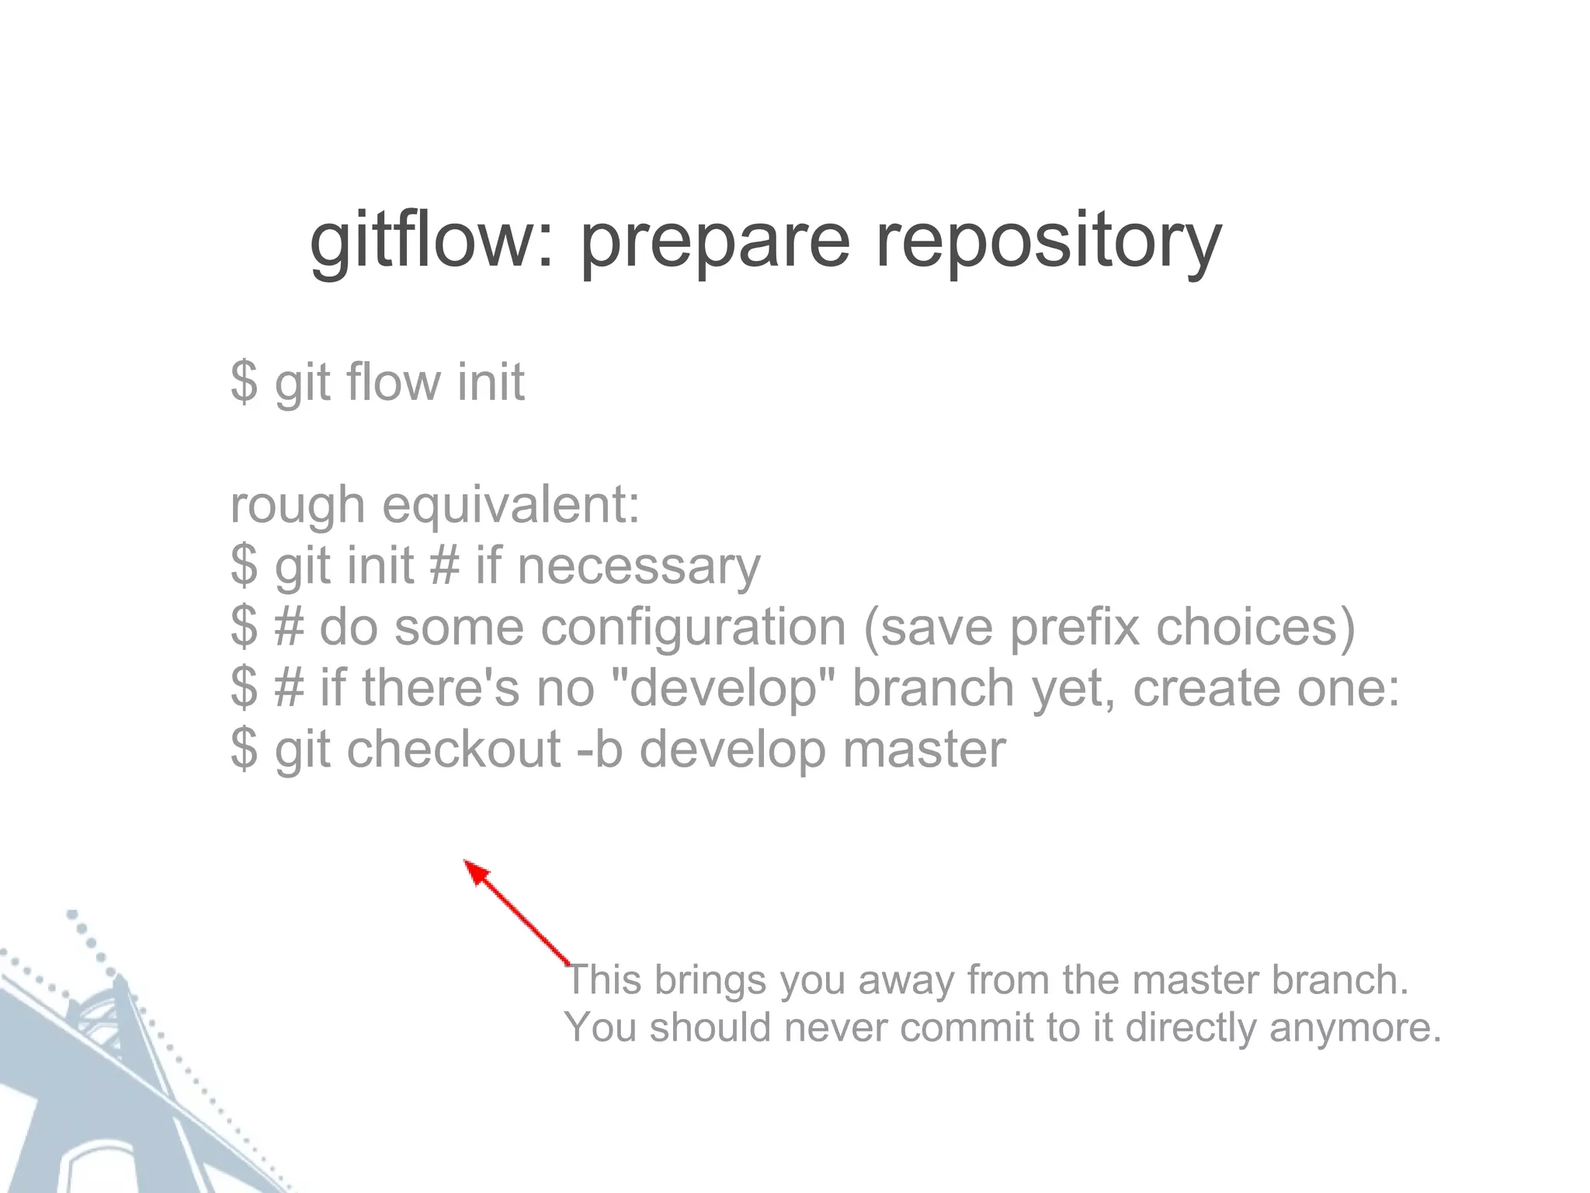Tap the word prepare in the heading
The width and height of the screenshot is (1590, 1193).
[715, 242]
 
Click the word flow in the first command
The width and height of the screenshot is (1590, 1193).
[394, 381]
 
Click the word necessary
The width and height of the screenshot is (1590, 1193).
[638, 566]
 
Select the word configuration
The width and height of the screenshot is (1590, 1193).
[693, 627]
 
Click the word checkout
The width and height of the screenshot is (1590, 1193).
[453, 749]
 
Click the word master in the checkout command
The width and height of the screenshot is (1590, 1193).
[924, 749]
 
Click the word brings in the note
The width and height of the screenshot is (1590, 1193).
[710, 981]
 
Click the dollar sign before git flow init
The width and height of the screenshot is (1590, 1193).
[244, 381]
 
